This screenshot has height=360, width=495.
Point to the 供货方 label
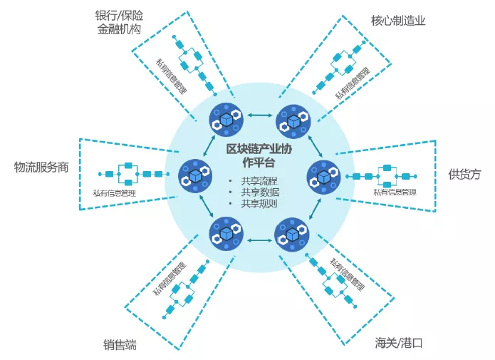pos(464,174)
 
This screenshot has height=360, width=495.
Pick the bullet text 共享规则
pos(259,204)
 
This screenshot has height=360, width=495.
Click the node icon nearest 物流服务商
pos(193,174)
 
